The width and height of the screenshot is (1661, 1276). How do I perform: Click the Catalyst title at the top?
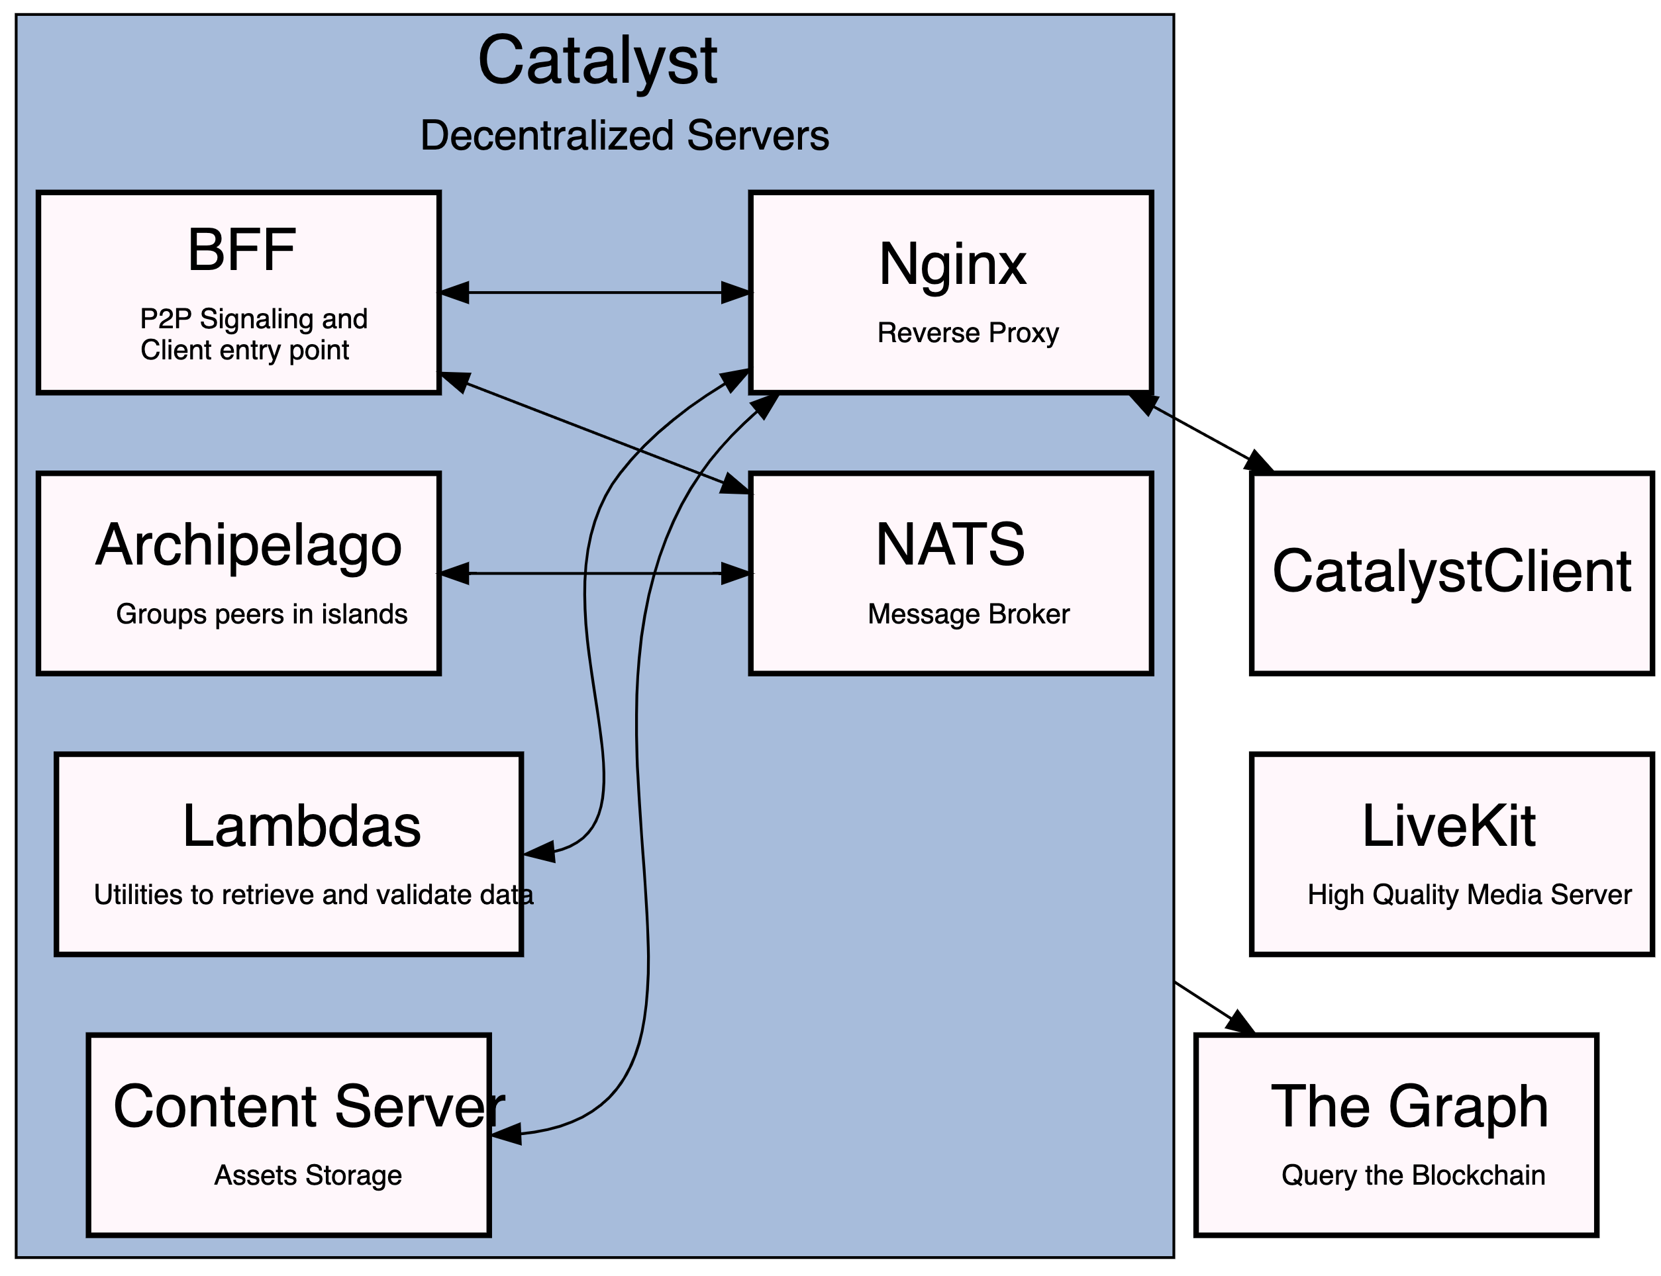(597, 61)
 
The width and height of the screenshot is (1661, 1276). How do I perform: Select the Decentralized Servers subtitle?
(624, 136)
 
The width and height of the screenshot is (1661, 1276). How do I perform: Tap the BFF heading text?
(242, 250)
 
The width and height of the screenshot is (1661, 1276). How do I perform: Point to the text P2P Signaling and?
(254, 319)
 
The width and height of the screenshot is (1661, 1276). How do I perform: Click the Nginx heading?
(952, 264)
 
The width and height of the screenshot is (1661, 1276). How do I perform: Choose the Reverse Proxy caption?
(968, 333)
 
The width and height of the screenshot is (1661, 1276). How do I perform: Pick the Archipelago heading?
(248, 545)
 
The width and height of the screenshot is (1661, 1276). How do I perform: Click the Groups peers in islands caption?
(262, 614)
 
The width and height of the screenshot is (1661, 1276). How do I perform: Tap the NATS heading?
(950, 545)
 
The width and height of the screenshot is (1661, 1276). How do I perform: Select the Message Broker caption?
(968, 614)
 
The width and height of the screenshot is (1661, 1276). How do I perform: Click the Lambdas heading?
(301, 827)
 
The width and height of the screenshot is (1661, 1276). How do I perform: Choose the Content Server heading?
(309, 1107)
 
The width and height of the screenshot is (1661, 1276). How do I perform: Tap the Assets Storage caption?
(308, 1175)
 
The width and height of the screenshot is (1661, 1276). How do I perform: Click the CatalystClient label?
(1451, 571)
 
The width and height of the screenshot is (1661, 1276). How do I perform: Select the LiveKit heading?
(1448, 827)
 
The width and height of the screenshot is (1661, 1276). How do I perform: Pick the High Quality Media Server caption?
(1469, 895)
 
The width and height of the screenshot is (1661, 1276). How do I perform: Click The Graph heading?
(1409, 1107)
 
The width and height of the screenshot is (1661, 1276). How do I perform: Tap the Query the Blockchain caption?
(1413, 1175)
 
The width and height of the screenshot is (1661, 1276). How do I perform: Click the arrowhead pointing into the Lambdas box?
(538, 852)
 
